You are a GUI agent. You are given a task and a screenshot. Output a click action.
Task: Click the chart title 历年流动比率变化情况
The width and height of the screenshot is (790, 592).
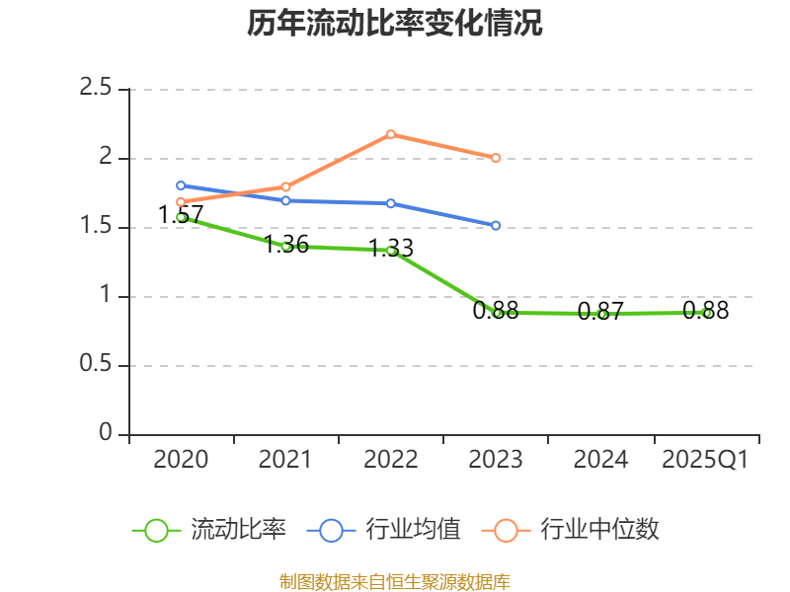395,24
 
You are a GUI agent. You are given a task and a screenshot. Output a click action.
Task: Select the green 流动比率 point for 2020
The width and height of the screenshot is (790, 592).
181,217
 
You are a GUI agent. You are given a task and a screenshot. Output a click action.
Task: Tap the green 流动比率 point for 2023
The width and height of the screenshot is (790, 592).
497,313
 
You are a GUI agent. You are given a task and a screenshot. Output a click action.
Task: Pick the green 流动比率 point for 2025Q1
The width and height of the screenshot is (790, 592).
706,313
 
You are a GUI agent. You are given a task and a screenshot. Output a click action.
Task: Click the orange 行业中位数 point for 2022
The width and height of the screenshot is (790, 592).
391,134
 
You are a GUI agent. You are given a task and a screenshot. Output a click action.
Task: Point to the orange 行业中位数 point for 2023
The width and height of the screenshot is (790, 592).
496,158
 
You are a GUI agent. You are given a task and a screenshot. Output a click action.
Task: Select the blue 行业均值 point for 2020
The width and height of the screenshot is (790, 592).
181,185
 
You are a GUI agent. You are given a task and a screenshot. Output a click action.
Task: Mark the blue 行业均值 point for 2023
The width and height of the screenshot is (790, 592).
496,226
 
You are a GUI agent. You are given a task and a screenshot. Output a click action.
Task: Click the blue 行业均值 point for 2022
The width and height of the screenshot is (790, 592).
391,203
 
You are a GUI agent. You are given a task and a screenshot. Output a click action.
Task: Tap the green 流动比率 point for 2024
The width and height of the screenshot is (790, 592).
601,314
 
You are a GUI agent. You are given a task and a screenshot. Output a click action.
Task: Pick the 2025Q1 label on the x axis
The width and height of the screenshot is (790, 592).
705,460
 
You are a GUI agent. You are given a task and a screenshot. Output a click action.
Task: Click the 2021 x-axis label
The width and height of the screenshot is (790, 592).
285,460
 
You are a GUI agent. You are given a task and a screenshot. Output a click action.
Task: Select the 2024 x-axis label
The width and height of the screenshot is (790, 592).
600,460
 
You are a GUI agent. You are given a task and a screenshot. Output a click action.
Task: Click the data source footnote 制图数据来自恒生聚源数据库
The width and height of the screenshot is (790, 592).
395,581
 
